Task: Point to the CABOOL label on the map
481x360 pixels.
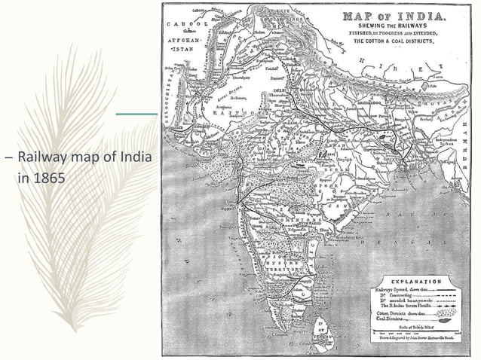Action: click(179, 23)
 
